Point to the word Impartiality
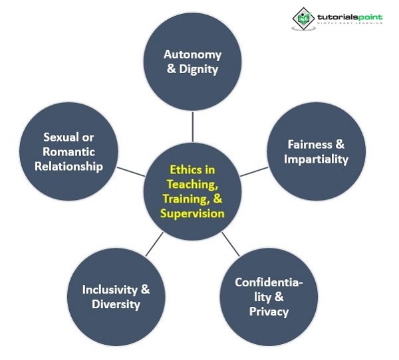pos(315,159)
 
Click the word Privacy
pos(269,312)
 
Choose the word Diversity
pos(116,305)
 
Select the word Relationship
pos(68,167)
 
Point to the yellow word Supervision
pos(192,214)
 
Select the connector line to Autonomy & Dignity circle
pos(193,127)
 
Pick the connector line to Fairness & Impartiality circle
pos(254,171)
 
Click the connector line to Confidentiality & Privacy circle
pos(231,244)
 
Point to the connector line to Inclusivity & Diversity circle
pos(154,244)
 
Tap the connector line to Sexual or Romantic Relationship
pos(131,171)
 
